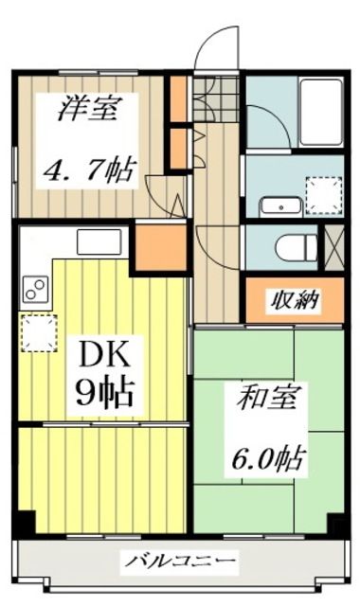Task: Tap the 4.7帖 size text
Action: click(90, 170)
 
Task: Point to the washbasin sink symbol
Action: click(280, 205)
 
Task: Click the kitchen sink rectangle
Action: click(99, 241)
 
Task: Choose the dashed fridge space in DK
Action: click(38, 331)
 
